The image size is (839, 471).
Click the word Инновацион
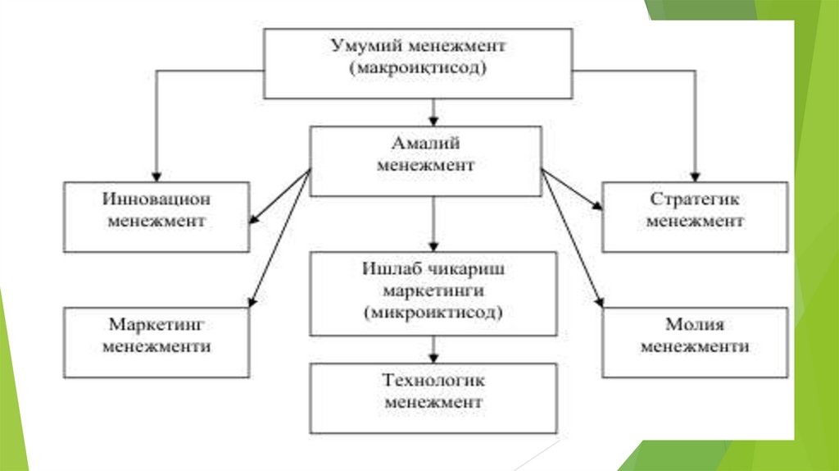pyautogui.click(x=156, y=199)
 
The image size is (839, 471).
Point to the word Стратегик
pyautogui.click(x=695, y=199)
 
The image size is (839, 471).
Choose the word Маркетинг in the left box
pyautogui.click(x=156, y=324)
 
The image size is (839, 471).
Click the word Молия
pyautogui.click(x=695, y=324)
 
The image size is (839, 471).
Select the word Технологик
pyautogui.click(x=433, y=382)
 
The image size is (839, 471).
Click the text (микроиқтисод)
pyautogui.click(x=433, y=313)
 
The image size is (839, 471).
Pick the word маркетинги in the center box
pyautogui.click(x=433, y=291)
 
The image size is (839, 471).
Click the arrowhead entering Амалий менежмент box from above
pyautogui.click(x=433, y=120)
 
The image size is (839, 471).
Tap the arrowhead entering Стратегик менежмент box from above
pyautogui.click(x=695, y=176)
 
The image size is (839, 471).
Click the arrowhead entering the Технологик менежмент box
pyautogui.click(x=433, y=359)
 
